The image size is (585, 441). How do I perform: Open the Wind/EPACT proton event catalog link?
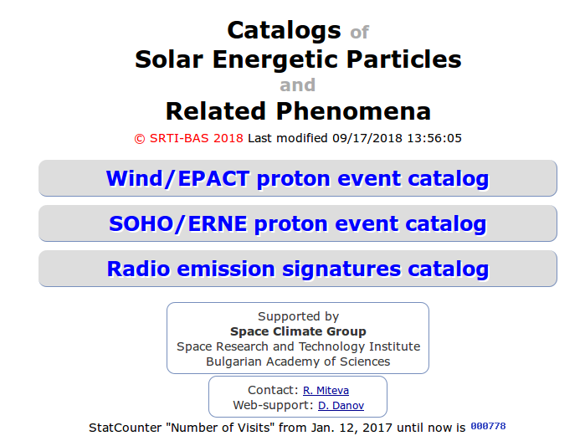coord(297,178)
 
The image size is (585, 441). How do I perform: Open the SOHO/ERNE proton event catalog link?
coord(297,224)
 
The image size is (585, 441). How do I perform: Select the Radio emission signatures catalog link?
coord(297,269)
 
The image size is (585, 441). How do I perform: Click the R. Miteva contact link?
coord(326,390)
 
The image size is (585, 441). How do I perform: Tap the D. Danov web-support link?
coord(341,406)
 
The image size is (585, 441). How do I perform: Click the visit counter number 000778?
coord(488,426)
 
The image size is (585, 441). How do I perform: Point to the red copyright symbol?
coord(140,139)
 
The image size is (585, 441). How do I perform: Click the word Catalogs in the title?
coord(284,31)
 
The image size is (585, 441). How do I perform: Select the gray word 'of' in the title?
coord(359,33)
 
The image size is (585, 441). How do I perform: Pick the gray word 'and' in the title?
coord(298,85)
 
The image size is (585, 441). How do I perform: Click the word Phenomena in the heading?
coord(353,111)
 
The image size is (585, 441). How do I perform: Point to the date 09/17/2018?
coord(367,138)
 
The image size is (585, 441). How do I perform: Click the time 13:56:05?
coord(434,138)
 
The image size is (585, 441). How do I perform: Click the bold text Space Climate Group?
coord(298,331)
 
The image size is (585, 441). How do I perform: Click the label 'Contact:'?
coord(273,390)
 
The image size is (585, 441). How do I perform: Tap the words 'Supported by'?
coord(298,317)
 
